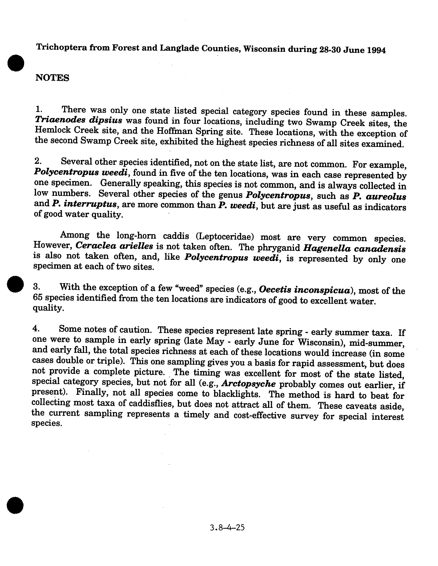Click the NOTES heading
point(52,77)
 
